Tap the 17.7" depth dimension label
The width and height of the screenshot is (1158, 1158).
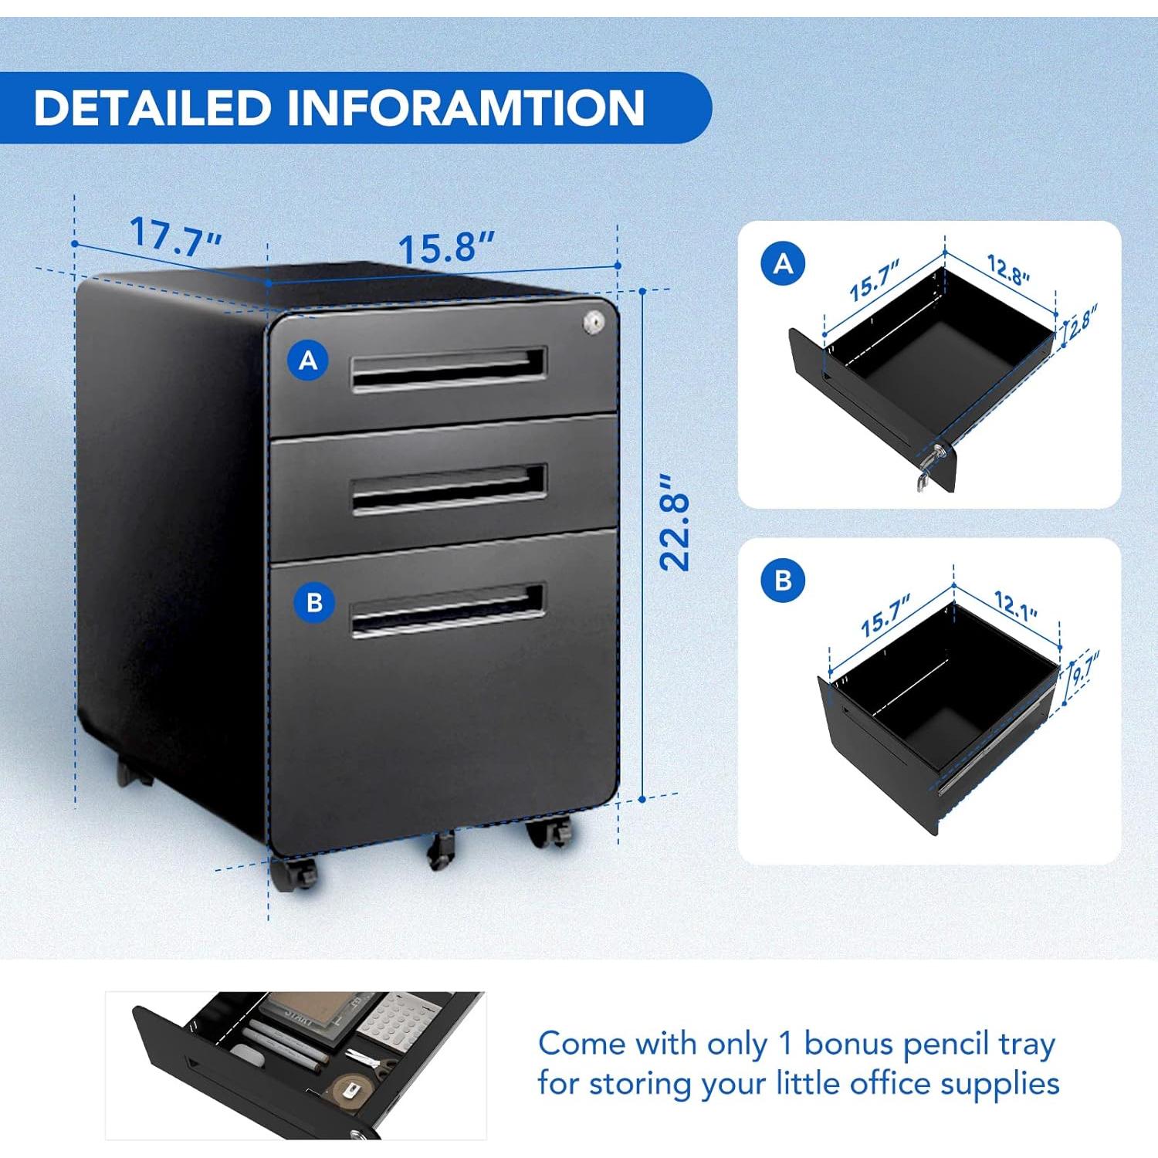point(176,235)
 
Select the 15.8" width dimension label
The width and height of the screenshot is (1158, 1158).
point(445,248)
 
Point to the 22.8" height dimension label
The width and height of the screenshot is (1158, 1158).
point(674,523)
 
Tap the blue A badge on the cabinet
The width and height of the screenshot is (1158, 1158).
point(308,360)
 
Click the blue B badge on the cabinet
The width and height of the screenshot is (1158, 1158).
point(314,602)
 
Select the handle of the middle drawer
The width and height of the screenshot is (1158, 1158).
point(449,489)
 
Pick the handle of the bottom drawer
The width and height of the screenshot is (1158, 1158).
point(448,610)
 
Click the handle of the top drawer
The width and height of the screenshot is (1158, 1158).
point(449,369)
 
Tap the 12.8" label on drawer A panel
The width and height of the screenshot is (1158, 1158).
point(1008,270)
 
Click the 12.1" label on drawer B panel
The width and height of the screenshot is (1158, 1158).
point(1015,605)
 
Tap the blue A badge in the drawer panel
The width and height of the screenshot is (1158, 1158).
point(783,264)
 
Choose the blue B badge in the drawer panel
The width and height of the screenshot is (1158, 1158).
point(783,580)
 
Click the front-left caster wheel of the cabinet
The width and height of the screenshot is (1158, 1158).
point(294,874)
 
